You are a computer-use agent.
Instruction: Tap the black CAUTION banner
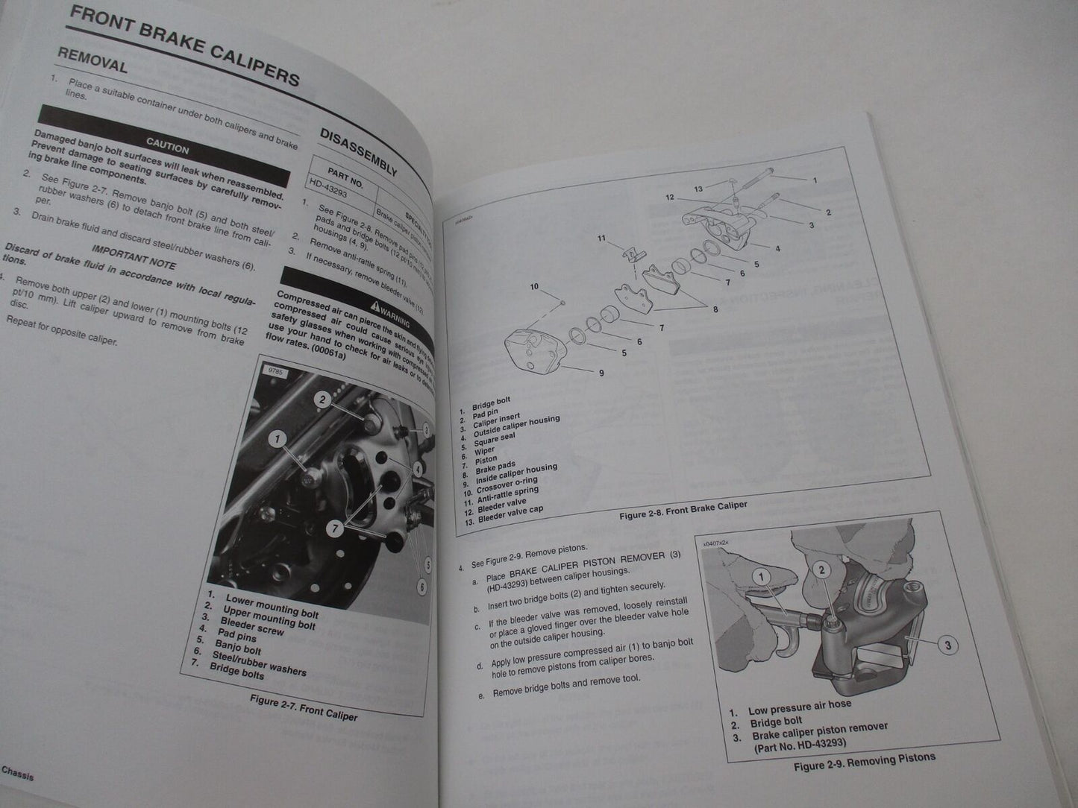[x=167, y=145]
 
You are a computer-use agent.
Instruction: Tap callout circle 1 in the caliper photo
[x=277, y=439]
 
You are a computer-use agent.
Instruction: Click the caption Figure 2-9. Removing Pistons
[x=864, y=761]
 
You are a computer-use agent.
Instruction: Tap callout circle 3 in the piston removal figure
[x=947, y=645]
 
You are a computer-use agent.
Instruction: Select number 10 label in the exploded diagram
[x=534, y=286]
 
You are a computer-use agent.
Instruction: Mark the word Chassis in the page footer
[x=17, y=775]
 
